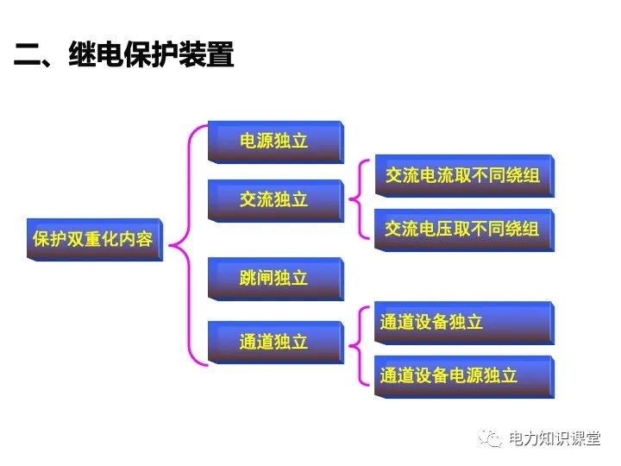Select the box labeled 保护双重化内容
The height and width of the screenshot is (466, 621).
click(93, 239)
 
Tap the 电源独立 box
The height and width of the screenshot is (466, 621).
click(274, 141)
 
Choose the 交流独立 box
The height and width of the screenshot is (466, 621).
click(274, 199)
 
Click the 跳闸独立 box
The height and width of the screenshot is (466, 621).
click(274, 278)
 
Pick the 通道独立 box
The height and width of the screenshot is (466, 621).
click(274, 342)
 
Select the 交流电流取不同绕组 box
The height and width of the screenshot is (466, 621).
click(462, 176)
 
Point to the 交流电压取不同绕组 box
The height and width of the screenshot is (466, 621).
click(462, 229)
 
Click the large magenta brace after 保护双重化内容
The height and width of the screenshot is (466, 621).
click(182, 246)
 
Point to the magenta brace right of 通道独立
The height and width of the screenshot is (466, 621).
click(355, 348)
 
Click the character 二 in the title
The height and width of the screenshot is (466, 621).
click(28, 57)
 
